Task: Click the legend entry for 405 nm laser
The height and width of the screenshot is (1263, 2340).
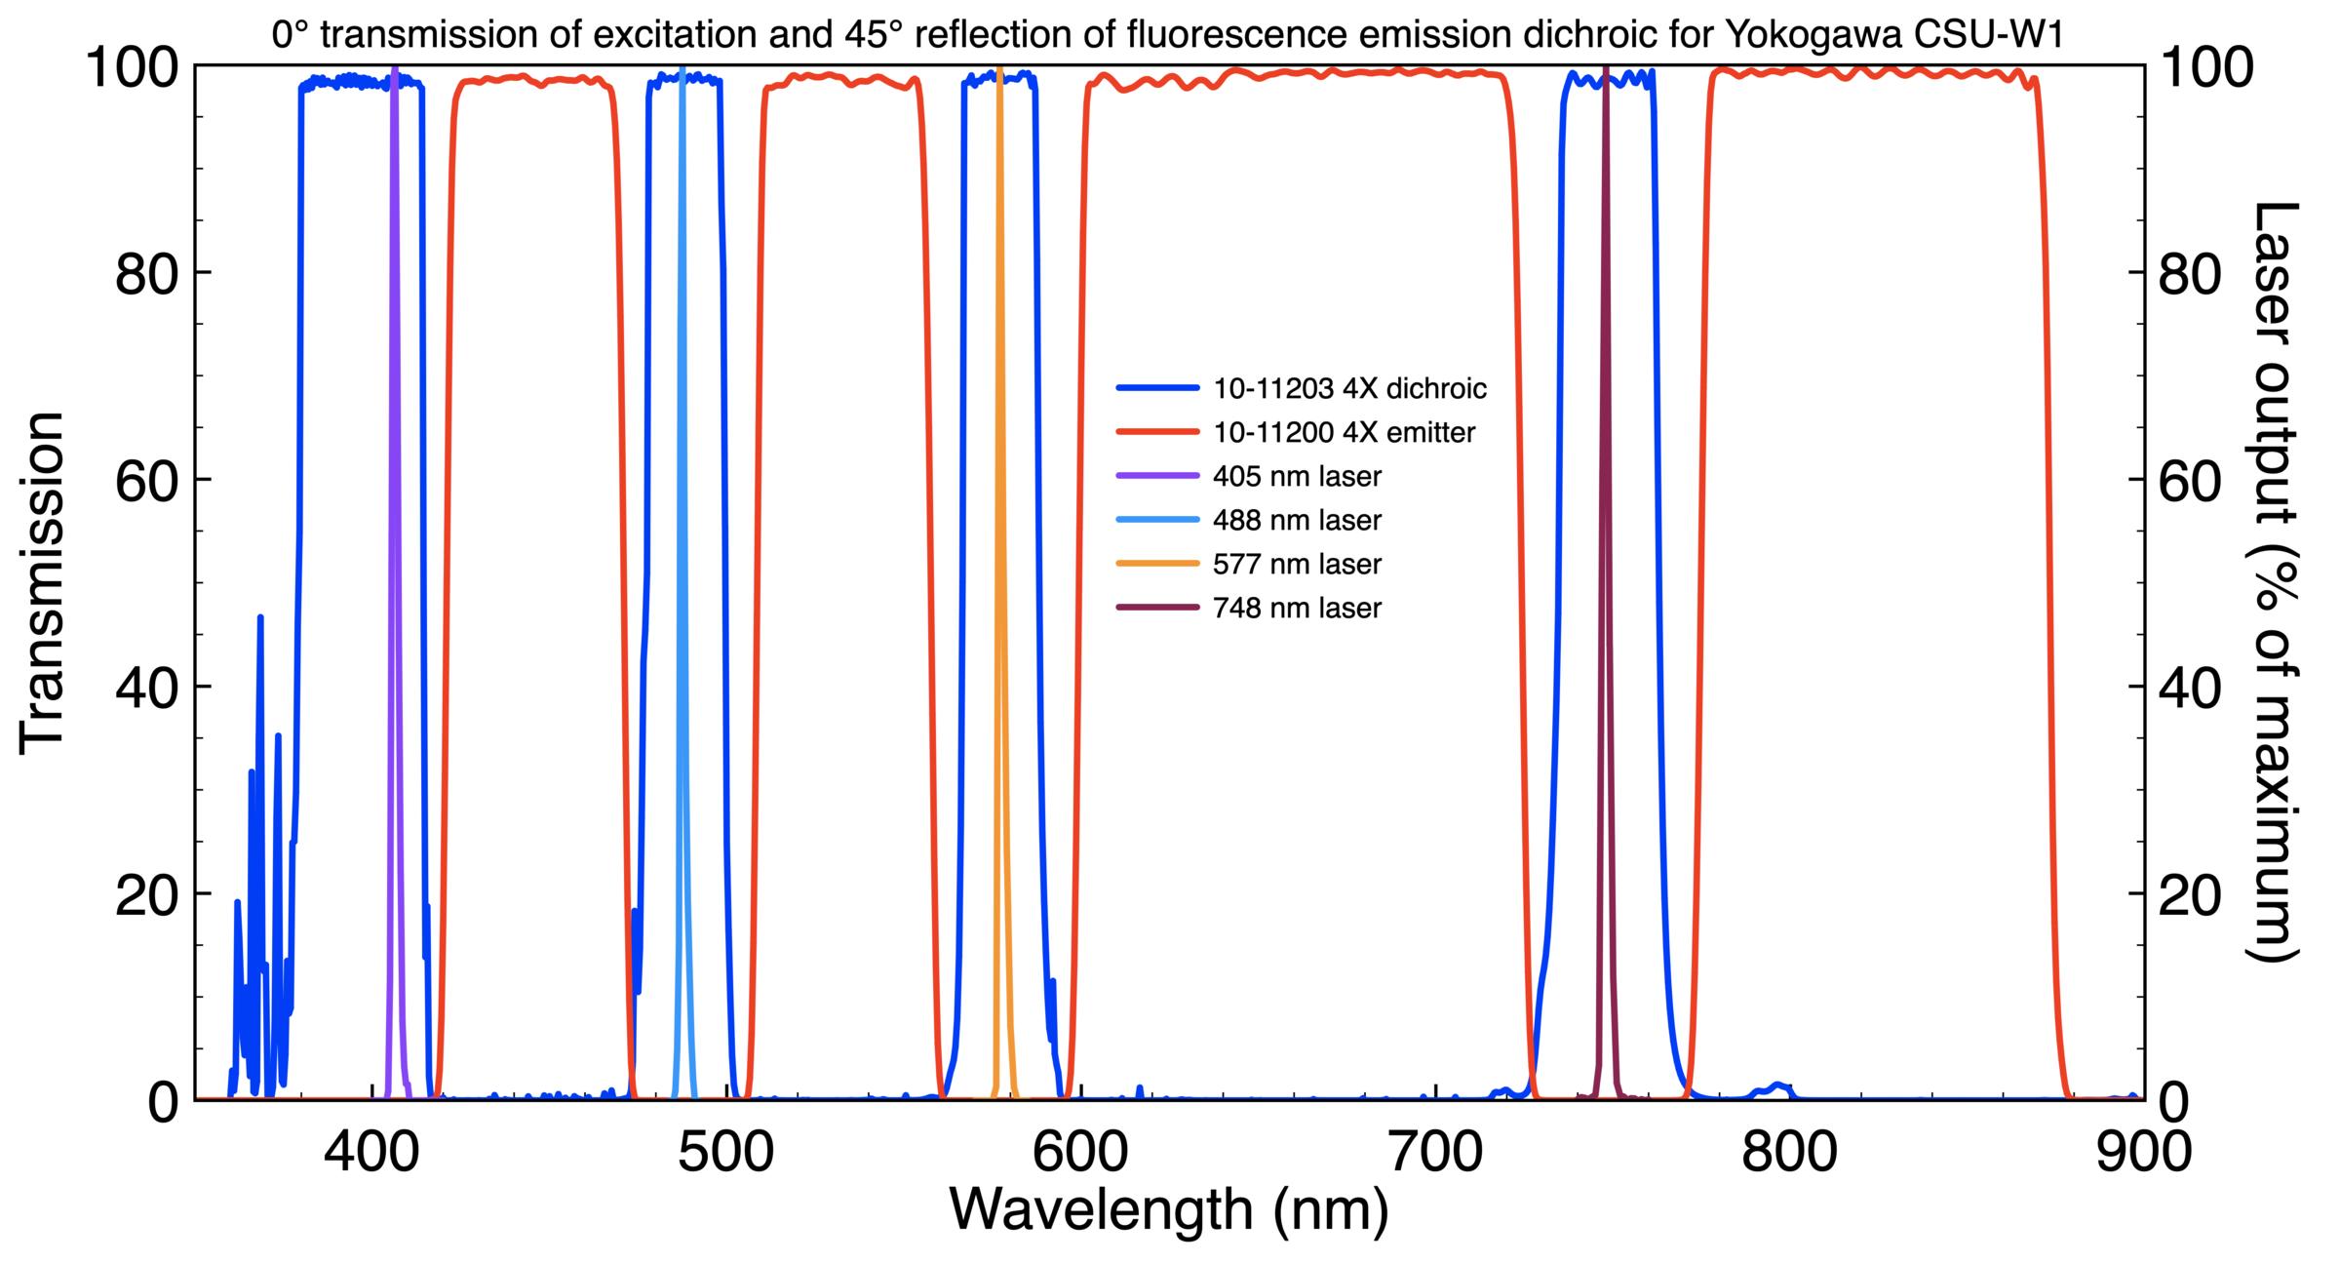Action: pos(1296,477)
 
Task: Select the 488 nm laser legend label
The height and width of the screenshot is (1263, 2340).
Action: pos(1296,521)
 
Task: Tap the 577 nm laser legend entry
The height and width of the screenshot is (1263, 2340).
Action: pos(1296,565)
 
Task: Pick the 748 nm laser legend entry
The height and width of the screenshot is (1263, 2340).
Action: pos(1296,609)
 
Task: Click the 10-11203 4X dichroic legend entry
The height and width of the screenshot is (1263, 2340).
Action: pos(1348,389)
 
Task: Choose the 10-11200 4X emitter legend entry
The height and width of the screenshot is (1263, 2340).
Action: pos(1343,433)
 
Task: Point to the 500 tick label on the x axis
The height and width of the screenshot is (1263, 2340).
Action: pos(726,1153)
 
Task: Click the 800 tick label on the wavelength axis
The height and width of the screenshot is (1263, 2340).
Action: pos(1790,1153)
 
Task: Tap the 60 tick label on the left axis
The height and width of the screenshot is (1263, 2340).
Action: pos(147,482)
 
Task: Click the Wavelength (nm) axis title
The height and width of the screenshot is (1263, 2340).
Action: pos(1169,1209)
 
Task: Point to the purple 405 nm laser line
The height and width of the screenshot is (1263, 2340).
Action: pos(394,488)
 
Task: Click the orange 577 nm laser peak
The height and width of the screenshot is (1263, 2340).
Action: pos(1000,488)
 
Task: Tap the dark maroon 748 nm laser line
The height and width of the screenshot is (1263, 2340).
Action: pos(1606,488)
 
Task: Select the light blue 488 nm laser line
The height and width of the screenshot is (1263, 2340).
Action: pos(682,488)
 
